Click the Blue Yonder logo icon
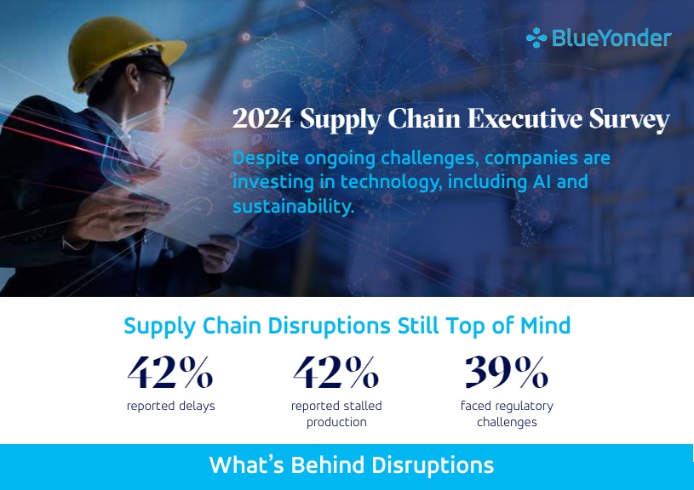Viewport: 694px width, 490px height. [536, 37]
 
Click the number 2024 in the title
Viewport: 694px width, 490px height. [262, 118]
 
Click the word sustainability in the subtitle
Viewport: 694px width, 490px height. [292, 207]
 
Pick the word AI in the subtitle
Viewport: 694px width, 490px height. [542, 181]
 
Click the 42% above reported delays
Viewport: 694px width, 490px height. [170, 372]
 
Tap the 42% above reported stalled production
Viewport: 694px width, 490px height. [336, 372]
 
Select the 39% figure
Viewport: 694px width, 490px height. [507, 372]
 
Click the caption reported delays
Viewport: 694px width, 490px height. [171, 406]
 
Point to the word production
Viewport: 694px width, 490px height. [336, 422]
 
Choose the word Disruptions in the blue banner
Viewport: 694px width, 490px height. [433, 465]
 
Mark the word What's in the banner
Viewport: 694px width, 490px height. [246, 464]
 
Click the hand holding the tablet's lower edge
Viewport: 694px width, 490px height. [218, 254]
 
